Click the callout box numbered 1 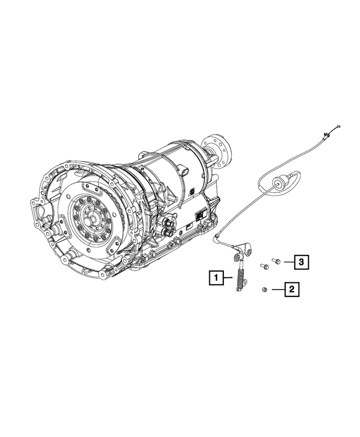[x=215, y=277]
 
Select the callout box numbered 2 [x=291, y=290]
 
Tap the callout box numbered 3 [x=301, y=262]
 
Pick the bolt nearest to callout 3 [x=275, y=261]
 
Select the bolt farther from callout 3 [x=263, y=265]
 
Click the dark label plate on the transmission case [x=199, y=214]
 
